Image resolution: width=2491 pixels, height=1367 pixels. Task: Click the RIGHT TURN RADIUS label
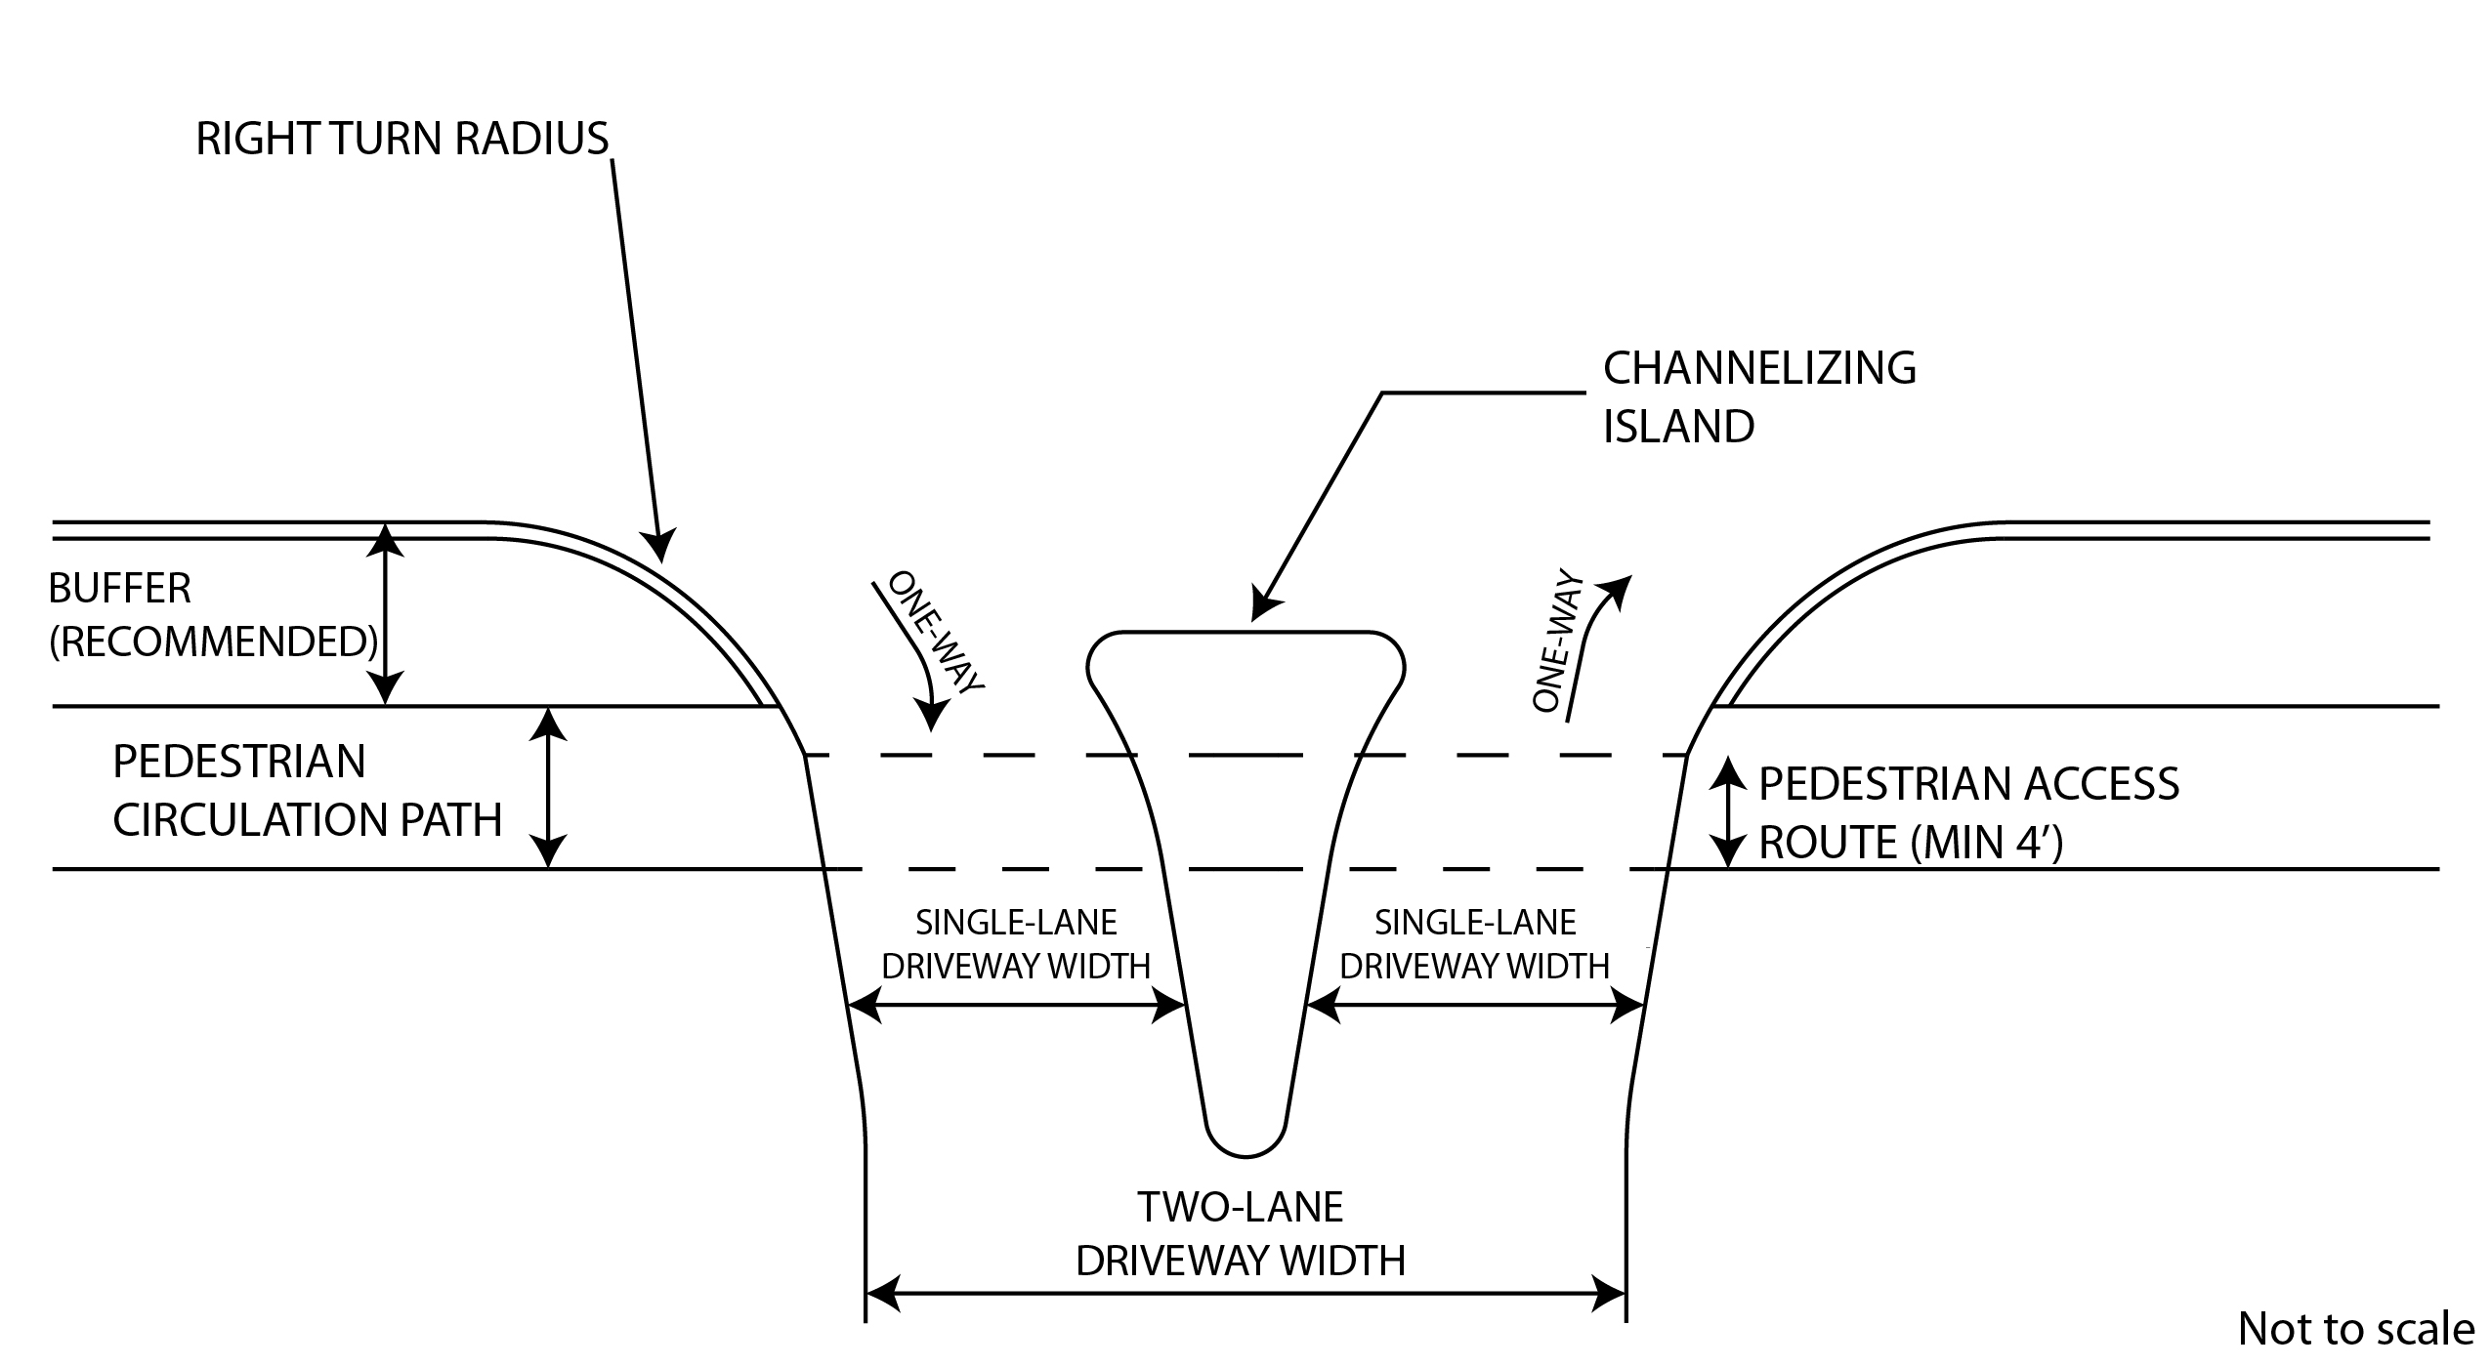coord(401,140)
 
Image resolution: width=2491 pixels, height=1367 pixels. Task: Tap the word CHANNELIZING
coord(1759,369)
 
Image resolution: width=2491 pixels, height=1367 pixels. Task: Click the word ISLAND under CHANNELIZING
coord(1678,428)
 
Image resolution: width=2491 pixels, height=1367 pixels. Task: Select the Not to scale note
coord(2356,1329)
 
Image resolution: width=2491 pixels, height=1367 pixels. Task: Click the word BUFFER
coord(120,589)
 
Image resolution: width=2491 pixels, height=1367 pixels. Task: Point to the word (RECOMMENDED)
coord(213,642)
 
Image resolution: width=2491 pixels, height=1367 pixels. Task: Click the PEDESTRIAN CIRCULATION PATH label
coord(307,791)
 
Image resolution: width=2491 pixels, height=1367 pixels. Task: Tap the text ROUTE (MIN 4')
coord(1911,843)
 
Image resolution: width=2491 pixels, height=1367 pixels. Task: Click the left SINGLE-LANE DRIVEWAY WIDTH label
coord(1016,944)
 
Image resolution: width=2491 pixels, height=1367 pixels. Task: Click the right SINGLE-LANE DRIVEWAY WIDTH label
coord(1474,944)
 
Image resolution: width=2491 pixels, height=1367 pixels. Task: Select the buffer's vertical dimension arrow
coord(387,615)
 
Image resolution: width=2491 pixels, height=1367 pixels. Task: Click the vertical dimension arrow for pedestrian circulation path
coord(549,787)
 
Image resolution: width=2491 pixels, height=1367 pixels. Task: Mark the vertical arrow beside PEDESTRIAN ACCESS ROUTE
coord(1729,812)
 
